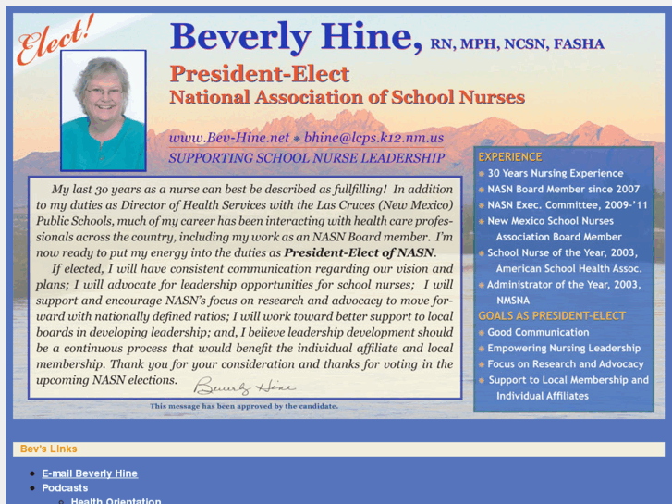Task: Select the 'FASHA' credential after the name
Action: click(x=578, y=44)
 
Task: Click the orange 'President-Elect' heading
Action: click(x=259, y=74)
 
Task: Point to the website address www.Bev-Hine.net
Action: click(x=228, y=138)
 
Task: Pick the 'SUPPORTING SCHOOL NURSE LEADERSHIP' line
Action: click(x=306, y=158)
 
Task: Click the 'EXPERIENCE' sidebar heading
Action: click(x=509, y=157)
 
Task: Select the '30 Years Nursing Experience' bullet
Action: click(x=556, y=173)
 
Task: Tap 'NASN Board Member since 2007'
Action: click(x=563, y=190)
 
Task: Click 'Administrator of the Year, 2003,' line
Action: click(x=564, y=285)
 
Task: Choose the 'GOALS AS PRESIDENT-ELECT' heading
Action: click(x=552, y=315)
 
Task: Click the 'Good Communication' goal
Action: click(x=538, y=332)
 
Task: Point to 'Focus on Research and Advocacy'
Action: click(x=566, y=364)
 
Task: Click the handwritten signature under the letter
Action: click(x=244, y=386)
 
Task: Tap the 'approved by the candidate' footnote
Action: click(x=244, y=406)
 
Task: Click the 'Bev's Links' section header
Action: click(x=48, y=449)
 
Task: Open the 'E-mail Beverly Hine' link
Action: click(x=90, y=473)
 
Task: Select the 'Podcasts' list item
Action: click(x=65, y=487)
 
